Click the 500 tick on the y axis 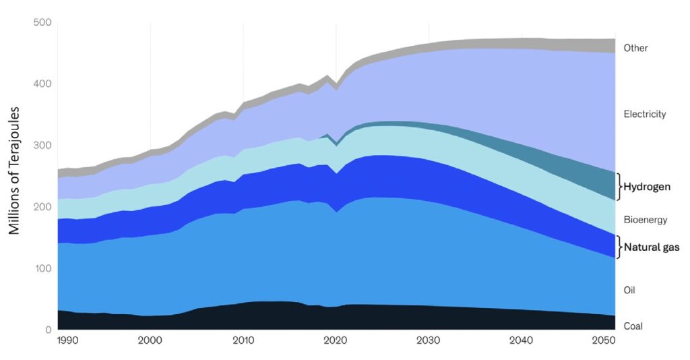coord(42,22)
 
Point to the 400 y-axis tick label coord(42,84)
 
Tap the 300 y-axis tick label coord(42,146)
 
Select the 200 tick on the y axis coord(42,207)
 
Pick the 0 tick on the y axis coord(48,330)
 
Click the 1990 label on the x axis coord(69,342)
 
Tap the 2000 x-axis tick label coord(150,342)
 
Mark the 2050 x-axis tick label coord(602,342)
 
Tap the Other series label coord(635,48)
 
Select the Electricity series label coord(645,114)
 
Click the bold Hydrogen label coord(647,187)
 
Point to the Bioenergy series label coord(645,220)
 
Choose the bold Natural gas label coord(651,247)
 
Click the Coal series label coord(633,326)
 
